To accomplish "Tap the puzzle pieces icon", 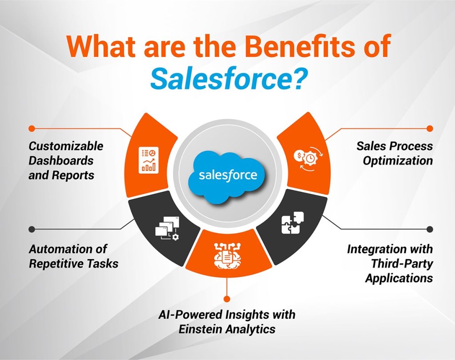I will pyautogui.click(x=293, y=223).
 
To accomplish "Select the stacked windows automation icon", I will pyautogui.click(x=167, y=230).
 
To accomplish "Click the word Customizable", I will pyautogui.click(x=66, y=146).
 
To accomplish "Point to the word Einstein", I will pyautogui.click(x=201, y=329).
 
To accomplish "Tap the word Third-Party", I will pyautogui.click(x=402, y=263).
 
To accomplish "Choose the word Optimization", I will pyautogui.click(x=397, y=160).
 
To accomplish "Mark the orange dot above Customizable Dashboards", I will pyautogui.click(x=32, y=128).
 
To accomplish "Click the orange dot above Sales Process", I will pyautogui.click(x=429, y=128).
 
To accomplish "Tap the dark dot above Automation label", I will pyautogui.click(x=32, y=229).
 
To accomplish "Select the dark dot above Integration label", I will pyautogui.click(x=429, y=229).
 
